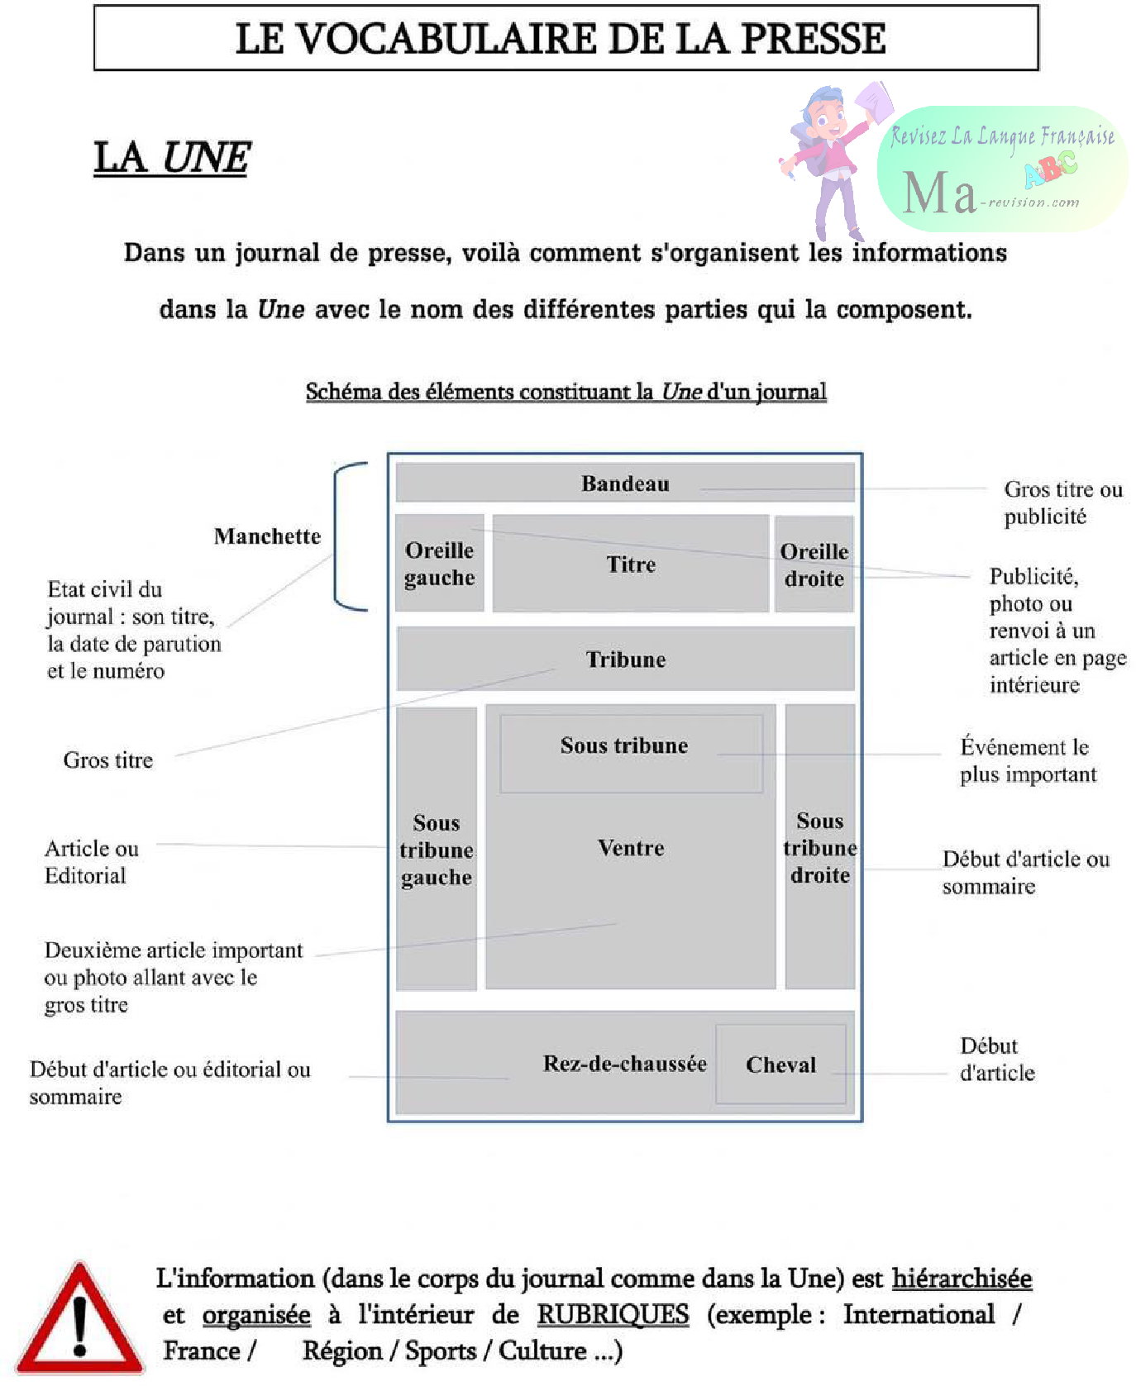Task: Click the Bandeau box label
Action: point(625,483)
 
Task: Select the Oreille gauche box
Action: point(439,564)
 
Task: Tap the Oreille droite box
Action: point(814,564)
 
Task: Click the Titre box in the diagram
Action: point(631,564)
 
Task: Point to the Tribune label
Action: point(626,660)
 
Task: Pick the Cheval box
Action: point(780,1065)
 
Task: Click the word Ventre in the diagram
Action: point(631,848)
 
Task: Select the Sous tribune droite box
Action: point(819,848)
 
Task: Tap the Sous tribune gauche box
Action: point(437,850)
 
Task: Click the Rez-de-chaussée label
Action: point(624,1064)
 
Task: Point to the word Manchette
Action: point(267,536)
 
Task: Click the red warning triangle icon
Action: point(79,1321)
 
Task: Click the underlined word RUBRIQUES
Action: point(613,1315)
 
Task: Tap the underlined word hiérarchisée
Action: point(962,1279)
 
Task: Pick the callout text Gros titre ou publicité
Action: point(1062,502)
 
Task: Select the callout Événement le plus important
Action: point(1028,760)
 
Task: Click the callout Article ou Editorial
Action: point(91,862)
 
